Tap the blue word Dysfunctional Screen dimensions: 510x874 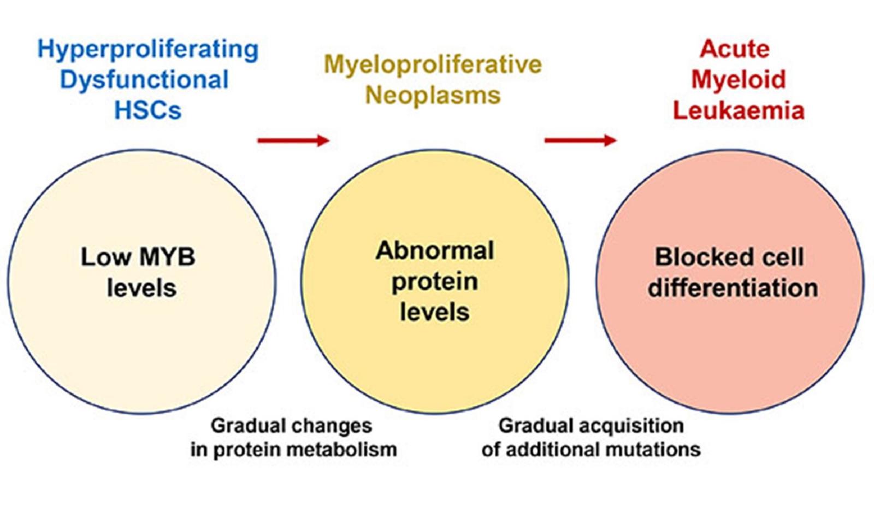click(144, 80)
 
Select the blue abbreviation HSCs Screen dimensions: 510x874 click(147, 110)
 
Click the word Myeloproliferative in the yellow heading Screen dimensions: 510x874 click(433, 65)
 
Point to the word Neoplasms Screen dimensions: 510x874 click(433, 95)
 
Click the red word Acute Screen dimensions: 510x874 click(735, 49)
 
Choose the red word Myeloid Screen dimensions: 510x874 click(738, 80)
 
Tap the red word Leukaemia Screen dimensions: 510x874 click(738, 110)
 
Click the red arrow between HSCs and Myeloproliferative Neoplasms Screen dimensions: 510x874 click(293, 140)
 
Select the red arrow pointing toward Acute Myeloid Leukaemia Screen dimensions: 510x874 click(580, 140)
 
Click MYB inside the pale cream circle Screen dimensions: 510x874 click(167, 257)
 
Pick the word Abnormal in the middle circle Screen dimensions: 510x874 click(435, 251)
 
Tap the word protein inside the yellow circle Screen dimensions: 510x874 click(435, 282)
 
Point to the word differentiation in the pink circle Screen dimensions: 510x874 click(733, 288)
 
